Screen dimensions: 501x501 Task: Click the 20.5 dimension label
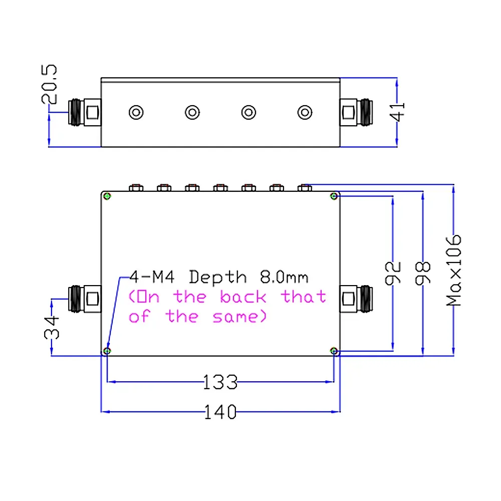click(x=52, y=84)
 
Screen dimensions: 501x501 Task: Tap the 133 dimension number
click(x=220, y=382)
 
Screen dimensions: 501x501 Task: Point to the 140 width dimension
click(x=220, y=412)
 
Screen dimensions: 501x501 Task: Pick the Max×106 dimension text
click(x=454, y=270)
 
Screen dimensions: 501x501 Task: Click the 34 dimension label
click(x=52, y=327)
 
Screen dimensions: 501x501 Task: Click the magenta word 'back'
click(x=243, y=297)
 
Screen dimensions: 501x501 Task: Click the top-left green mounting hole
click(x=107, y=196)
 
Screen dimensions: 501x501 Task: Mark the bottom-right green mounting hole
click(x=334, y=351)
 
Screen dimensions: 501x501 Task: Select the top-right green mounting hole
click(x=334, y=196)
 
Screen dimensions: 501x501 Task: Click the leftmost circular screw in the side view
click(x=136, y=112)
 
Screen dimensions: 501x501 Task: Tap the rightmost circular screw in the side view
click(x=305, y=112)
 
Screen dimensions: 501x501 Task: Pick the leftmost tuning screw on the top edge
click(x=136, y=188)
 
